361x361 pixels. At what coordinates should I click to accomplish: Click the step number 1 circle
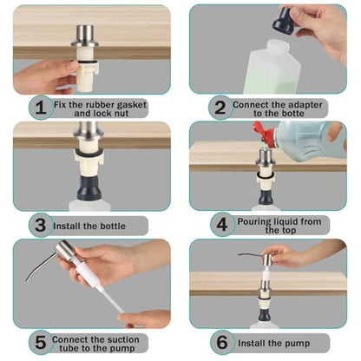pos(41,108)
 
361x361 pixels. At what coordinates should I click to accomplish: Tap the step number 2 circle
pos(220,108)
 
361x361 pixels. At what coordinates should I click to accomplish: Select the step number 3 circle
pos(41,226)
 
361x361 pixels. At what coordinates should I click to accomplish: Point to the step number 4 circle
pos(222,225)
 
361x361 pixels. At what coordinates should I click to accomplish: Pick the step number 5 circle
pos(41,342)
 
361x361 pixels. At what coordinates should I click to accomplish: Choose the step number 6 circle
pos(222,342)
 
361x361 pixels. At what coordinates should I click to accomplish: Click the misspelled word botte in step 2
pos(292,114)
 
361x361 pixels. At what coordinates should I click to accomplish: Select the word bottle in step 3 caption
pos(113,226)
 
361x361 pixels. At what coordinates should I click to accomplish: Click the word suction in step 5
pos(121,339)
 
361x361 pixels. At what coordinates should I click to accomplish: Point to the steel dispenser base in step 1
pos(85,36)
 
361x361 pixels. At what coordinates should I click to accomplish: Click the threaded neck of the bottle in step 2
pos(274,46)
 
